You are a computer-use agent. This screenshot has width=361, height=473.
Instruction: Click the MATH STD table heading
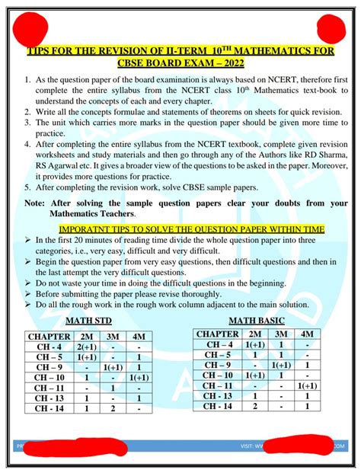92,321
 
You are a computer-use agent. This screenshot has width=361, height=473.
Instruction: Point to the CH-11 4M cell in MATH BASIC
306,385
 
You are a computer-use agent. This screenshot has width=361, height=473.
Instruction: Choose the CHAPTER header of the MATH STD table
49,336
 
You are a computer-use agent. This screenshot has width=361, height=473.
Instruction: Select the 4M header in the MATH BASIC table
306,334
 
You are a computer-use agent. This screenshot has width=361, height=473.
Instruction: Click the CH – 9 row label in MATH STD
49,367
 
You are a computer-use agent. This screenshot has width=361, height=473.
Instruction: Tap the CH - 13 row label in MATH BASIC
219,396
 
